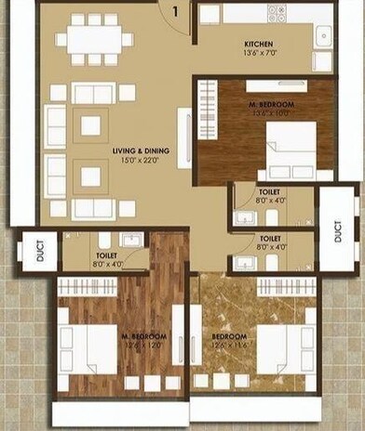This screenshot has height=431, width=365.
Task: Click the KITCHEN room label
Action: click(x=259, y=45)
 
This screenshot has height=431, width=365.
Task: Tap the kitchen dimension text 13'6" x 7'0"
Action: click(x=259, y=54)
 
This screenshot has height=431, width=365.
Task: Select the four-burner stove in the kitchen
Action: click(x=277, y=13)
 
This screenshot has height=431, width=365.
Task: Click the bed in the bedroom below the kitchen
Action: click(x=291, y=144)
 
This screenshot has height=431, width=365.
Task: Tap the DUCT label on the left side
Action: click(x=40, y=253)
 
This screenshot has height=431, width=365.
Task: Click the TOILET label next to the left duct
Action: click(x=106, y=255)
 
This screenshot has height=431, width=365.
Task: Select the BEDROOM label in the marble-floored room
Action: click(x=229, y=335)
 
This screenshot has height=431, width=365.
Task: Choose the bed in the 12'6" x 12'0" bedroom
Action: click(x=82, y=348)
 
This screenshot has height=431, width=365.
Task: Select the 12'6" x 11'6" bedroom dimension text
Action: click(x=229, y=345)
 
